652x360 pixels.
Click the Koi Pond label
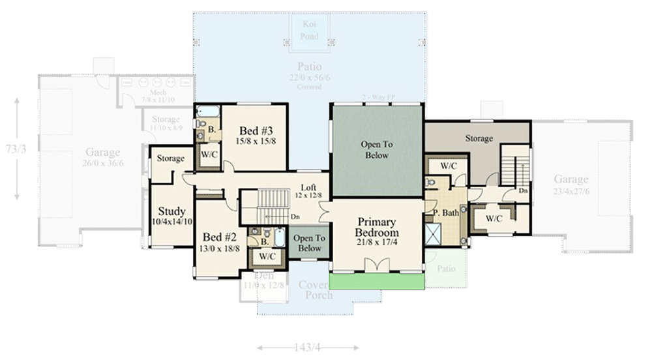[x=310, y=31]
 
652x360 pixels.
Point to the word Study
[x=172, y=212]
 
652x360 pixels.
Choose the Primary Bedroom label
[x=377, y=228]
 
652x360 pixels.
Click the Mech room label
[x=158, y=93]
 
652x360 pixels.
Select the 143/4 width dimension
[x=308, y=348]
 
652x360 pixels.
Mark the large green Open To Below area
[x=377, y=150]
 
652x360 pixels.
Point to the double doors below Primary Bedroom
[x=377, y=265]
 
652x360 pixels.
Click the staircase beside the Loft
[x=273, y=206]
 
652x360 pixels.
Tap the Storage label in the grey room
[x=479, y=139]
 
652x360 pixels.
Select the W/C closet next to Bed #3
[x=209, y=155]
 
